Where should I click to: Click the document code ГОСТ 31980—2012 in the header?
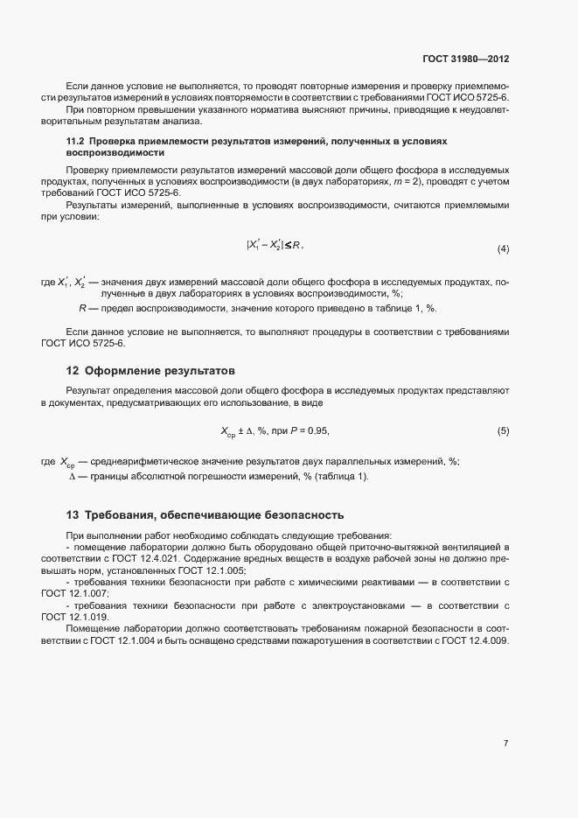(464, 59)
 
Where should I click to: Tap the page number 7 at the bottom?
(505, 744)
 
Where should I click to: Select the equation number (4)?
(503, 249)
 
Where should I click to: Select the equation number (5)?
(503, 431)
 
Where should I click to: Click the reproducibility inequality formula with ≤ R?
(275, 246)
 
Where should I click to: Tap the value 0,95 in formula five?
(317, 431)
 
